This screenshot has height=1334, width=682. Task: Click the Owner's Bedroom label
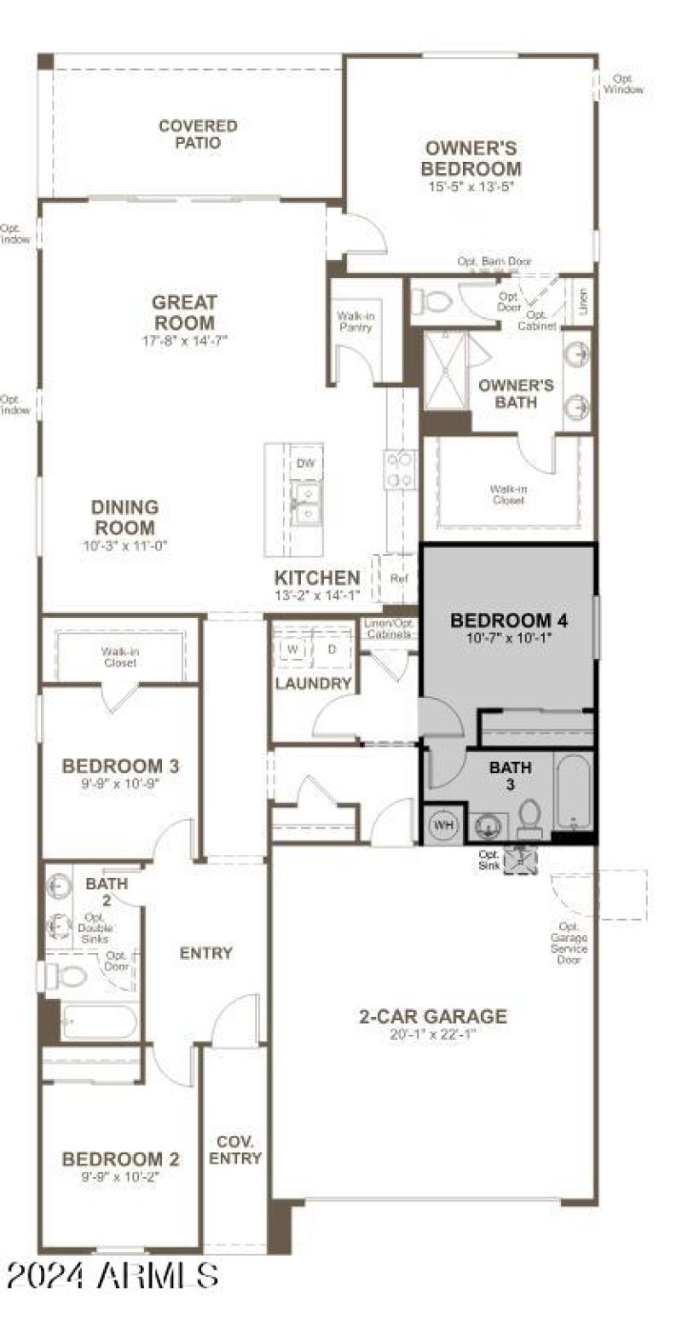(x=472, y=159)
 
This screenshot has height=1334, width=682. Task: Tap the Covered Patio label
(x=198, y=135)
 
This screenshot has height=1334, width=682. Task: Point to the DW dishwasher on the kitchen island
(x=304, y=464)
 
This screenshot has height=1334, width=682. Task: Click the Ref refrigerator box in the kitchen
(x=398, y=579)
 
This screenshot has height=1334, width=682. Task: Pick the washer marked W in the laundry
(x=292, y=649)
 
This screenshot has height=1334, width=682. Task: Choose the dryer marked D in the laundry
(x=332, y=649)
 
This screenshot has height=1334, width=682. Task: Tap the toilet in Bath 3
(x=529, y=817)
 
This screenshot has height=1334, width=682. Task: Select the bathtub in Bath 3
(x=573, y=791)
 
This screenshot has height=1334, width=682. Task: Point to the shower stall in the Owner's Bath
(x=446, y=371)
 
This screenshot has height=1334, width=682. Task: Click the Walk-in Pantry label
(x=356, y=321)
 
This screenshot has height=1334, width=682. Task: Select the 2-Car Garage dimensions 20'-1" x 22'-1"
(x=432, y=1034)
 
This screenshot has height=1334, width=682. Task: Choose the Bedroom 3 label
(x=120, y=765)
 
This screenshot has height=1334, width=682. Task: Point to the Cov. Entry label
(x=235, y=1150)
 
